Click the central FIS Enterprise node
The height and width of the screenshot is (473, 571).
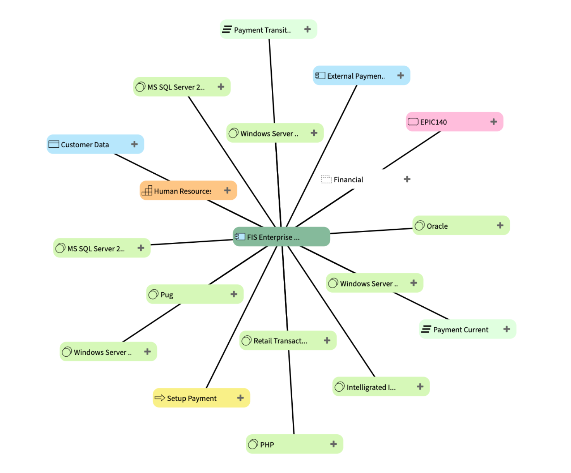pyautogui.click(x=281, y=236)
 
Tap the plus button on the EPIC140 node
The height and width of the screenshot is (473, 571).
pyautogui.click(x=493, y=121)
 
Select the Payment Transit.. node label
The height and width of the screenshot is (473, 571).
pyautogui.click(x=262, y=30)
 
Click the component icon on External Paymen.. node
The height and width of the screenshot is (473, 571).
pyautogui.click(x=320, y=75)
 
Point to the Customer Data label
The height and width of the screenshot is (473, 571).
pyautogui.click(x=85, y=145)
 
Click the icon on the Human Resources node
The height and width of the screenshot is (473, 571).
pyautogui.click(x=147, y=190)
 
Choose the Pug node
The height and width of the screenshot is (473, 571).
pyautogui.click(x=195, y=294)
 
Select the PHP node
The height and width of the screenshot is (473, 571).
pyautogui.click(x=294, y=444)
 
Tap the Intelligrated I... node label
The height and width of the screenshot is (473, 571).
pyautogui.click(x=371, y=387)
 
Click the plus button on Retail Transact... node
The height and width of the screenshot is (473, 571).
pyautogui.click(x=327, y=340)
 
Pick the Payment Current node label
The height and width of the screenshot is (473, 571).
pyautogui.click(x=461, y=330)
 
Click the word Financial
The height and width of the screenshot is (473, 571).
pyautogui.click(x=348, y=180)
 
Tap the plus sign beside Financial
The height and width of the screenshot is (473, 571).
pyautogui.click(x=407, y=179)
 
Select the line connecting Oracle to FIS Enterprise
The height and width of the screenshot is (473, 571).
pyautogui.click(x=371, y=231)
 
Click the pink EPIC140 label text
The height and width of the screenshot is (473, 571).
pyautogui.click(x=433, y=122)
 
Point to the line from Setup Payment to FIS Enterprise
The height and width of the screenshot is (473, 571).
pyautogui.click(x=242, y=317)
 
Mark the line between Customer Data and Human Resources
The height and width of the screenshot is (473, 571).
pyautogui.click(x=142, y=167)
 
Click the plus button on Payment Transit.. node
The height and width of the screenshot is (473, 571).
pyautogui.click(x=307, y=29)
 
